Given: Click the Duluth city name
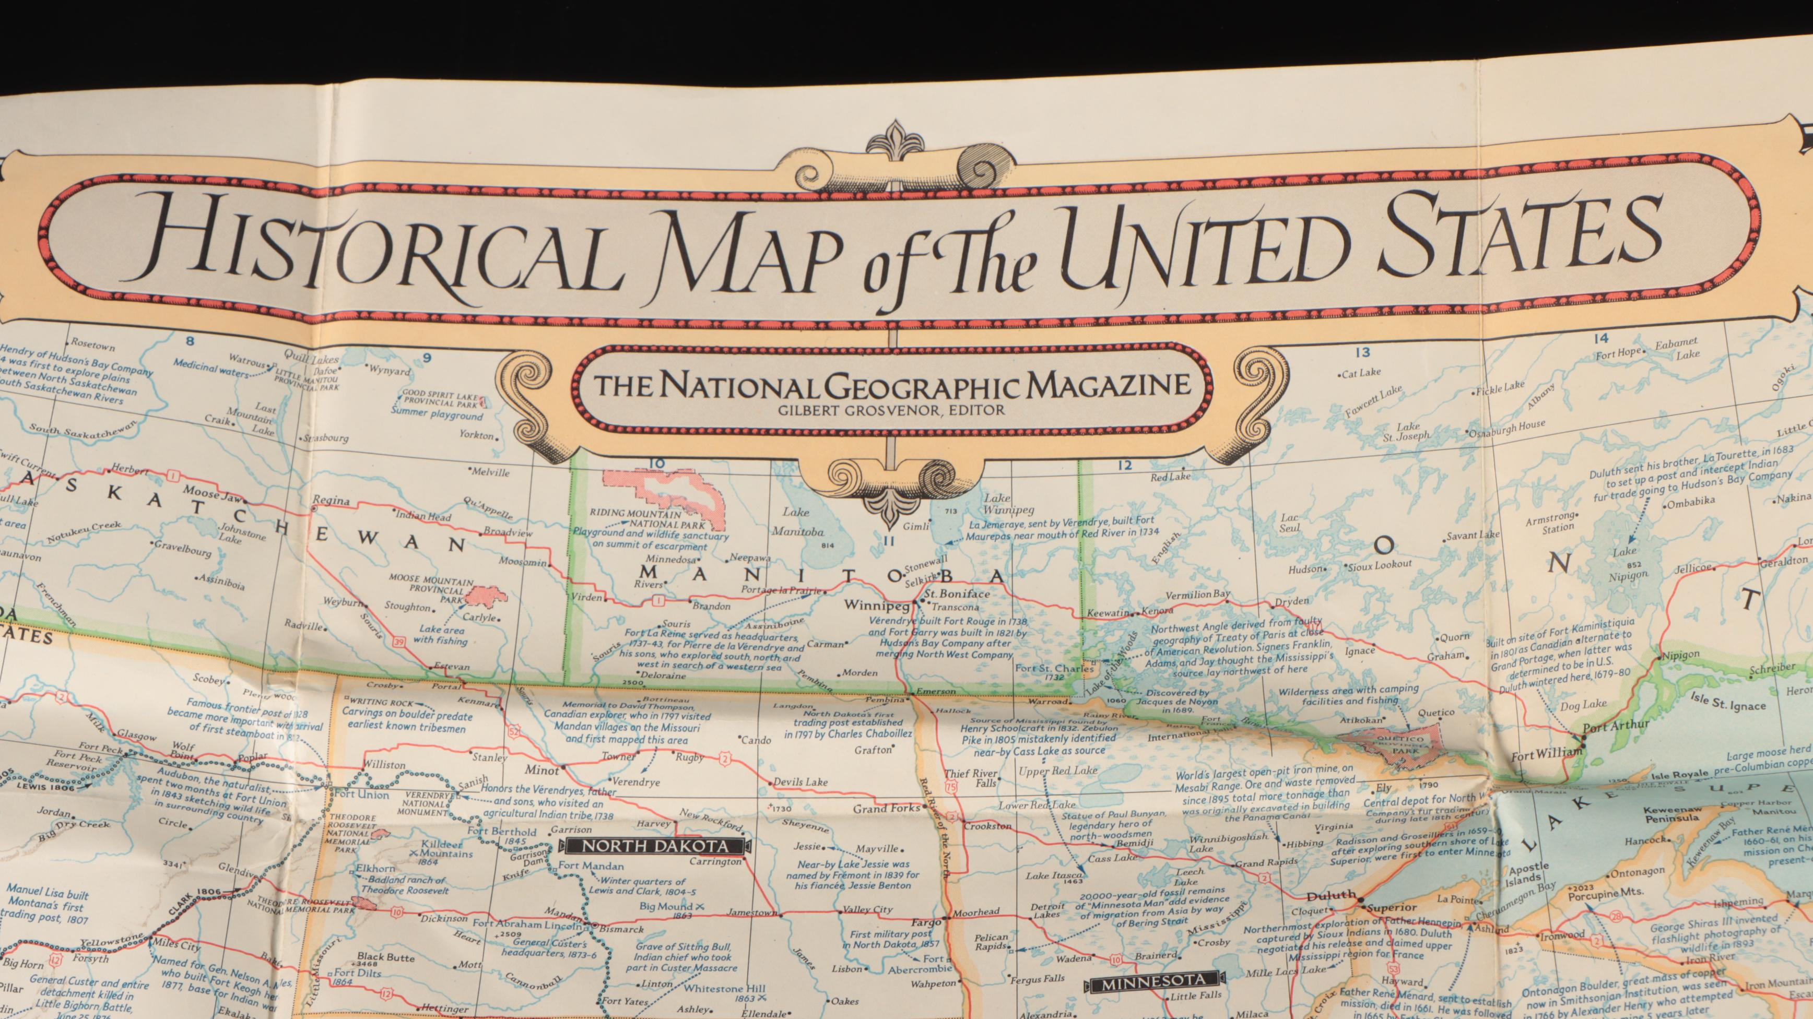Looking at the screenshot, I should point(1330,896).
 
